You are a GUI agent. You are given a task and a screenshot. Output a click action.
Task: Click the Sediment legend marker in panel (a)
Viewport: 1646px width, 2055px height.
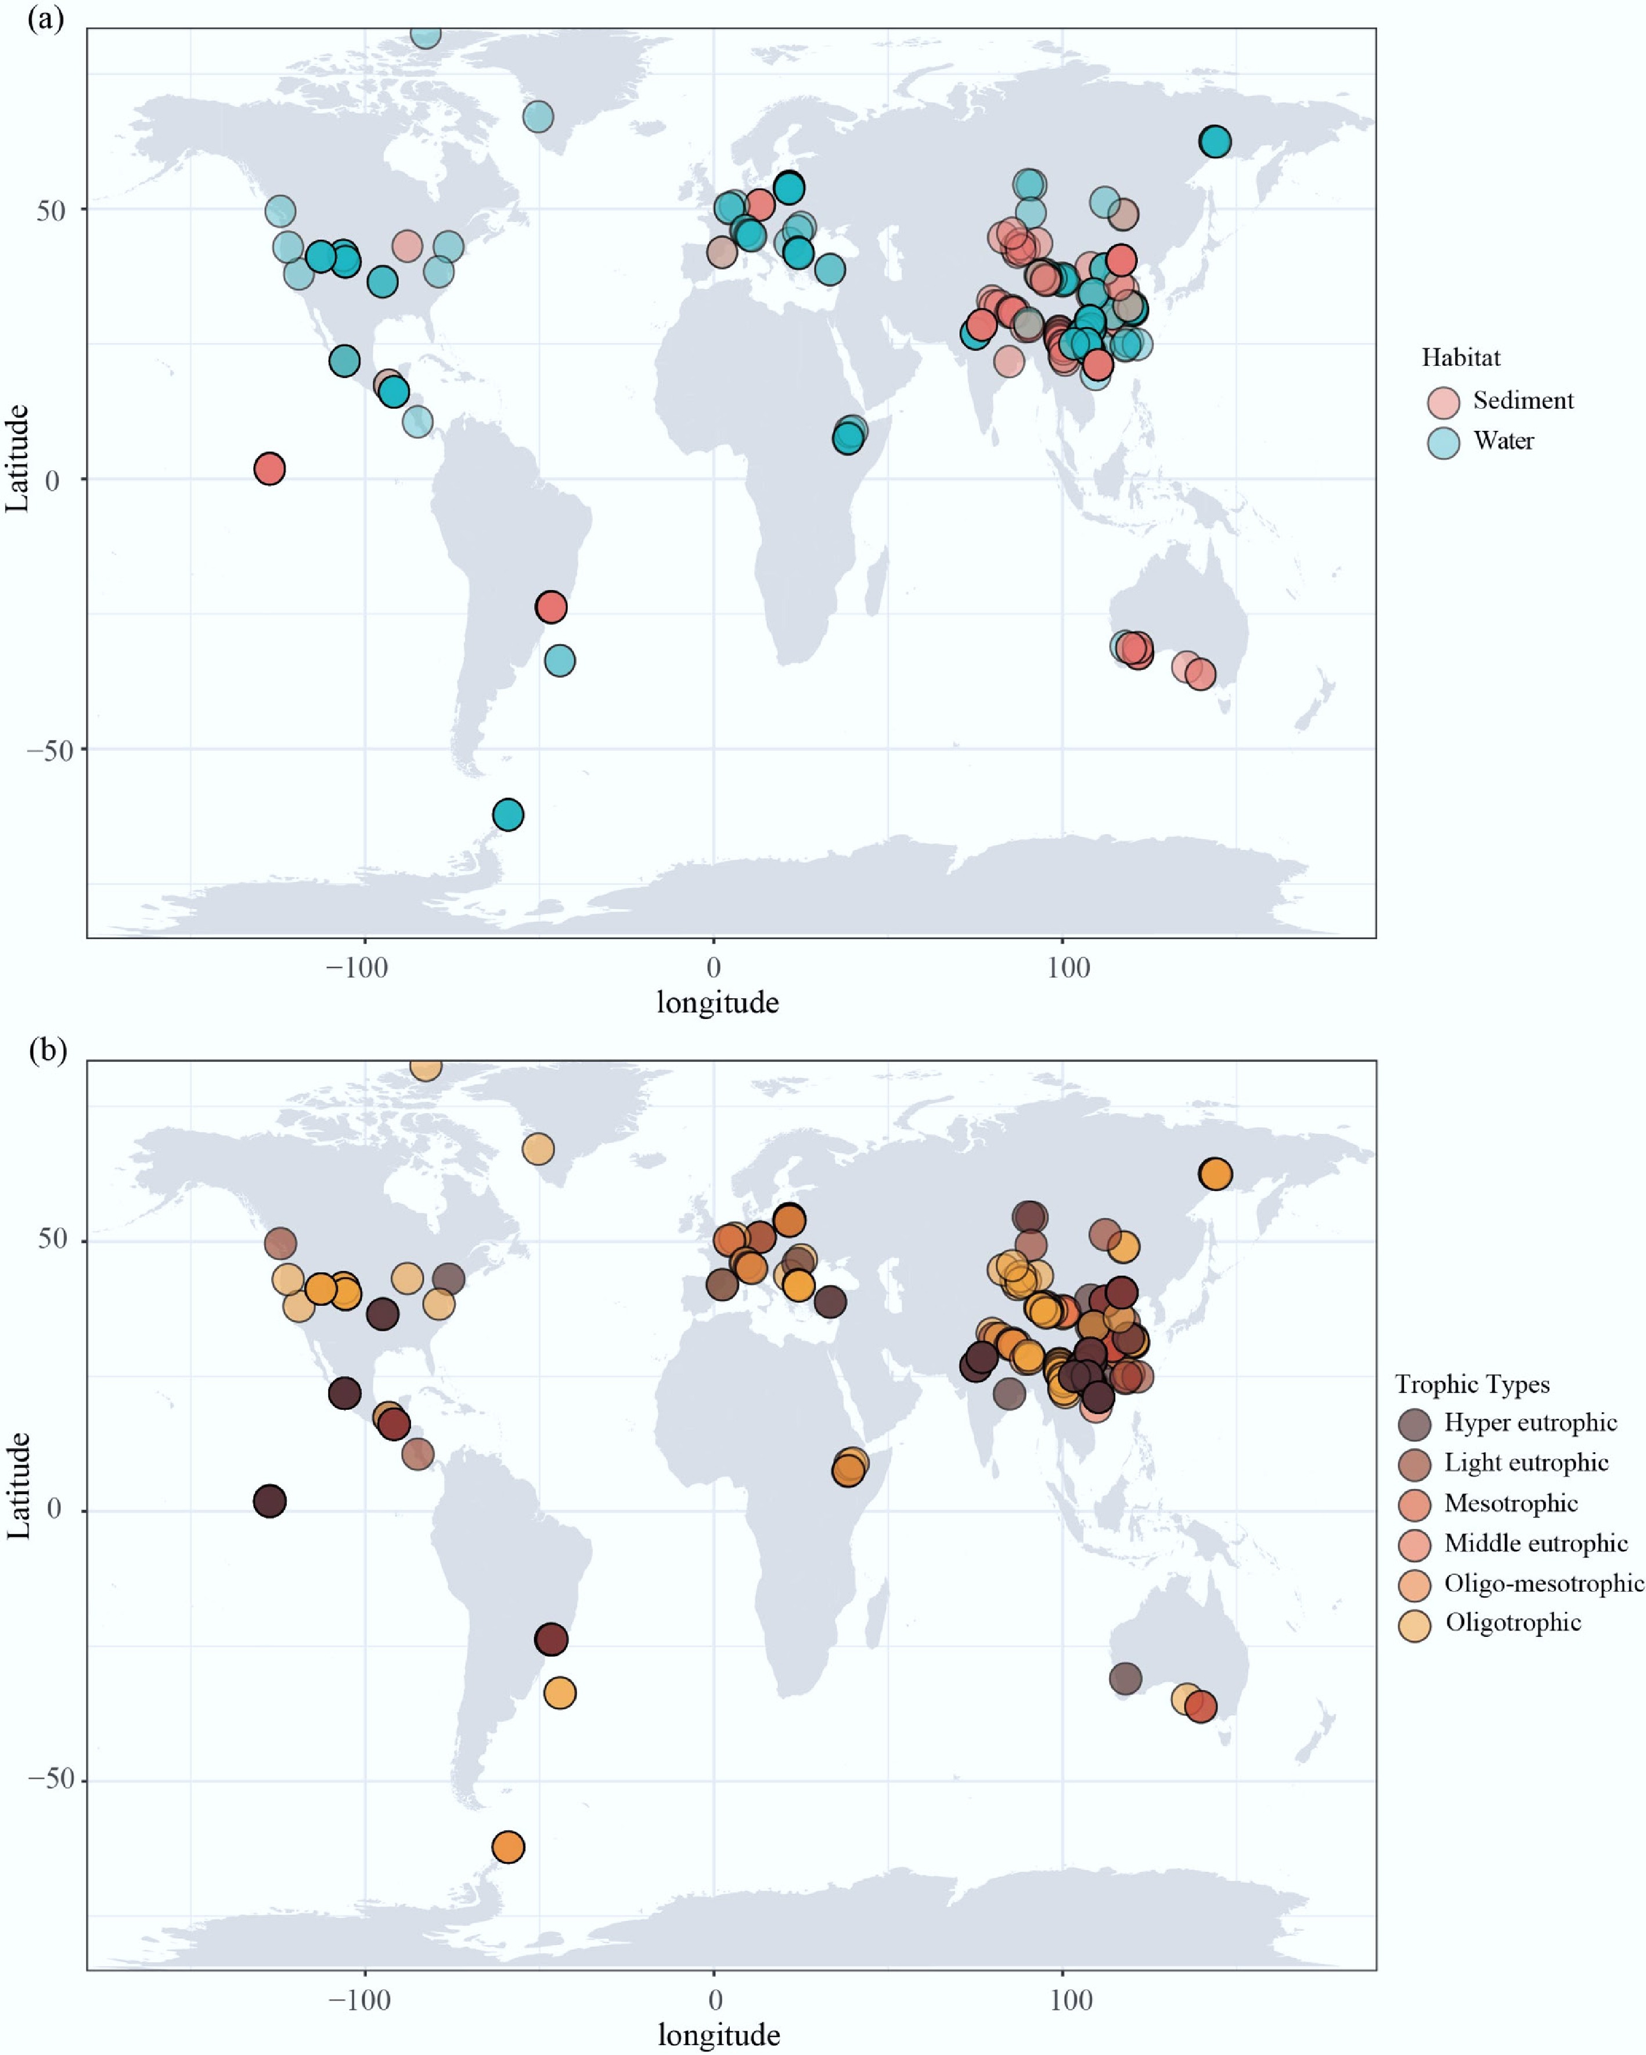(1444, 402)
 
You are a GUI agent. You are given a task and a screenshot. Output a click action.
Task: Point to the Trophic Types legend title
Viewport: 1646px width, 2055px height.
(1472, 1384)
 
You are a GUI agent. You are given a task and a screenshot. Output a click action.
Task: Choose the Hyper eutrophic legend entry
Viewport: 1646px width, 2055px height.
(1530, 1423)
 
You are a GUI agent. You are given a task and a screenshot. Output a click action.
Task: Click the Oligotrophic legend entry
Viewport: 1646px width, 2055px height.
(1512, 1622)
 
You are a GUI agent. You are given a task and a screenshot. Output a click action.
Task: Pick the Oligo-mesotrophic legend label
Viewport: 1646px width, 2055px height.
(1543, 1583)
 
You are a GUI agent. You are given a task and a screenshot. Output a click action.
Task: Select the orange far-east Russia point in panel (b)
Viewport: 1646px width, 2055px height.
(1215, 1174)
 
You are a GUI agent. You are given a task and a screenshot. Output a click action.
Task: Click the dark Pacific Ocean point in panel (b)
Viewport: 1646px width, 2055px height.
(270, 1501)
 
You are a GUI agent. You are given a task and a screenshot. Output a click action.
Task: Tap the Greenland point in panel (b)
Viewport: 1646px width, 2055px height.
(538, 1149)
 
